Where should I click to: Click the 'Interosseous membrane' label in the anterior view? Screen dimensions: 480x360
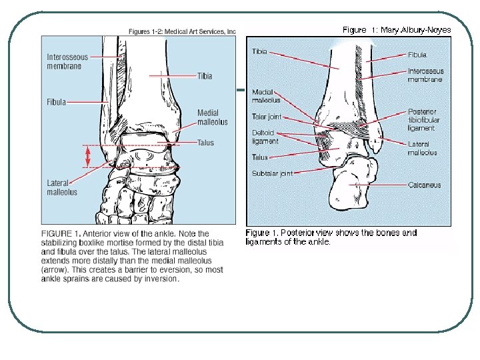67,62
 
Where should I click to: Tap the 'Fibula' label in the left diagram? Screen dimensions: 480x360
56,102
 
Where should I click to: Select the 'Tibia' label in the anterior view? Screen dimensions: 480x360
205,76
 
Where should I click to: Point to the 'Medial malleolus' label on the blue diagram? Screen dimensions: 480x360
212,117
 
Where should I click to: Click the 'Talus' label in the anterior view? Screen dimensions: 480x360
206,143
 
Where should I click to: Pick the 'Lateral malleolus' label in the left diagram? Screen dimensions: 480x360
62,187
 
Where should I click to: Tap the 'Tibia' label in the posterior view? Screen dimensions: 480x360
259,52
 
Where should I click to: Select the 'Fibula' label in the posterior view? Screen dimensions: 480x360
417,55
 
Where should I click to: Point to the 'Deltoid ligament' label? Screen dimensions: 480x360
265,137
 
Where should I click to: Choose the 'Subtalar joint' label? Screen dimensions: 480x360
272,173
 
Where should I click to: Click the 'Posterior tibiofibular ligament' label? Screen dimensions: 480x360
423,119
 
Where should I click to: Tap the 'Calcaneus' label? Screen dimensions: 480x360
425,185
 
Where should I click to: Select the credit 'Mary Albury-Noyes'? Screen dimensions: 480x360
415,29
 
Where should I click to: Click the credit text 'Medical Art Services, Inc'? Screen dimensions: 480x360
203,31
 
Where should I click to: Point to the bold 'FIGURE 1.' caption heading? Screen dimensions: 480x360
61,233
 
